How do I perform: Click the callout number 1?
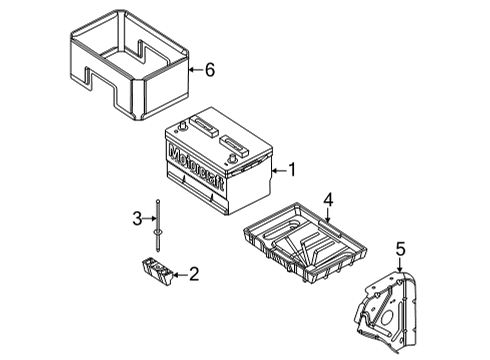[292, 169]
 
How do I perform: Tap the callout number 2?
[194, 272]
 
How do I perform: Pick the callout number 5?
[400, 249]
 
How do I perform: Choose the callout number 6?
[210, 70]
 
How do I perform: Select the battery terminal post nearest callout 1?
[237, 156]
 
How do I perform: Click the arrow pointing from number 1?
[277, 169]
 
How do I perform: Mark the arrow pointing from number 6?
[194, 70]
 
